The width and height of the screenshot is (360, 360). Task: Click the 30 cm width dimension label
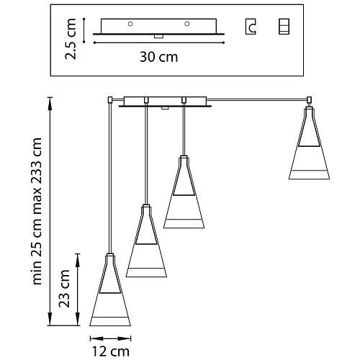(x=159, y=57)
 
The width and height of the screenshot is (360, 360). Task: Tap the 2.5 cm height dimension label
(x=71, y=39)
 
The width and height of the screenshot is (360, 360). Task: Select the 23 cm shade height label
(x=65, y=289)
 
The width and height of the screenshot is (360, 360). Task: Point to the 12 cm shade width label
(x=111, y=351)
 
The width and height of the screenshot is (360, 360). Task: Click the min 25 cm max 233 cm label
(x=37, y=212)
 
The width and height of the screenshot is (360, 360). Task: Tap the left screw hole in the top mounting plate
(x=130, y=24)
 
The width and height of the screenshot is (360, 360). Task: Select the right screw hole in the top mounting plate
(x=187, y=24)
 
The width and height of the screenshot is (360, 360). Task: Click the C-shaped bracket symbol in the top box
(x=251, y=27)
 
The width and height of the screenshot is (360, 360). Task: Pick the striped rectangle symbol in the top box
(x=284, y=27)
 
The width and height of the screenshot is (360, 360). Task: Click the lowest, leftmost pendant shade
(x=110, y=290)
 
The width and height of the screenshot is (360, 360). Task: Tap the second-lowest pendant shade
(x=146, y=241)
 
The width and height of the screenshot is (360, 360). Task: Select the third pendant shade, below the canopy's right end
(x=184, y=192)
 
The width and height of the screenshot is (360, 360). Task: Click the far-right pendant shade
(x=309, y=143)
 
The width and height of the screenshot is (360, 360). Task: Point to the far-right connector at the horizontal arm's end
(x=310, y=99)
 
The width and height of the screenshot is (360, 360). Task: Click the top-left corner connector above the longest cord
(x=110, y=99)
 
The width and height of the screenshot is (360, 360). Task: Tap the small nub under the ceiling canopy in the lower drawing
(x=165, y=108)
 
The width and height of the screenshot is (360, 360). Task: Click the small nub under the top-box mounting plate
(x=158, y=37)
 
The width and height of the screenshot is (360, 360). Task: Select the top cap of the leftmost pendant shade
(x=110, y=254)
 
